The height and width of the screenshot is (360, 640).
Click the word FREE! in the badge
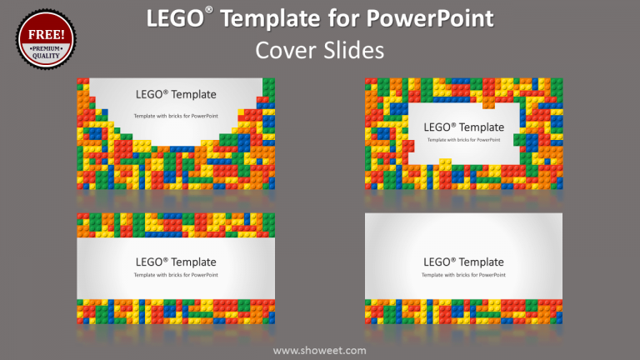[46, 35]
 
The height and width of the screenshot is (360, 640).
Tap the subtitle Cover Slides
[320, 51]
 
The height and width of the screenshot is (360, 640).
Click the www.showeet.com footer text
[320, 350]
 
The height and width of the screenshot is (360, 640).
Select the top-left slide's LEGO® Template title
[175, 94]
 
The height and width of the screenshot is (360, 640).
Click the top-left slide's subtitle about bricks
[175, 114]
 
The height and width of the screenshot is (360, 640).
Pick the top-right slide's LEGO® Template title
[464, 127]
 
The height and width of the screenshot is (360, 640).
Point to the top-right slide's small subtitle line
[464, 139]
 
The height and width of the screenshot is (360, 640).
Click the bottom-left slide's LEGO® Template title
[175, 262]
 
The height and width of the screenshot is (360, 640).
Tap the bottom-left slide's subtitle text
[175, 274]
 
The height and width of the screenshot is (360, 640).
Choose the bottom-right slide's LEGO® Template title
[464, 262]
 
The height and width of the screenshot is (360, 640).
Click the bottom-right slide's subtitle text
[464, 274]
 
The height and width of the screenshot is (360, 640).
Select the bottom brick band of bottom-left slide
[175, 311]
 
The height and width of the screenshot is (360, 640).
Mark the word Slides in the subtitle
[355, 51]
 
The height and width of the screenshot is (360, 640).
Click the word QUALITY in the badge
[46, 56]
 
